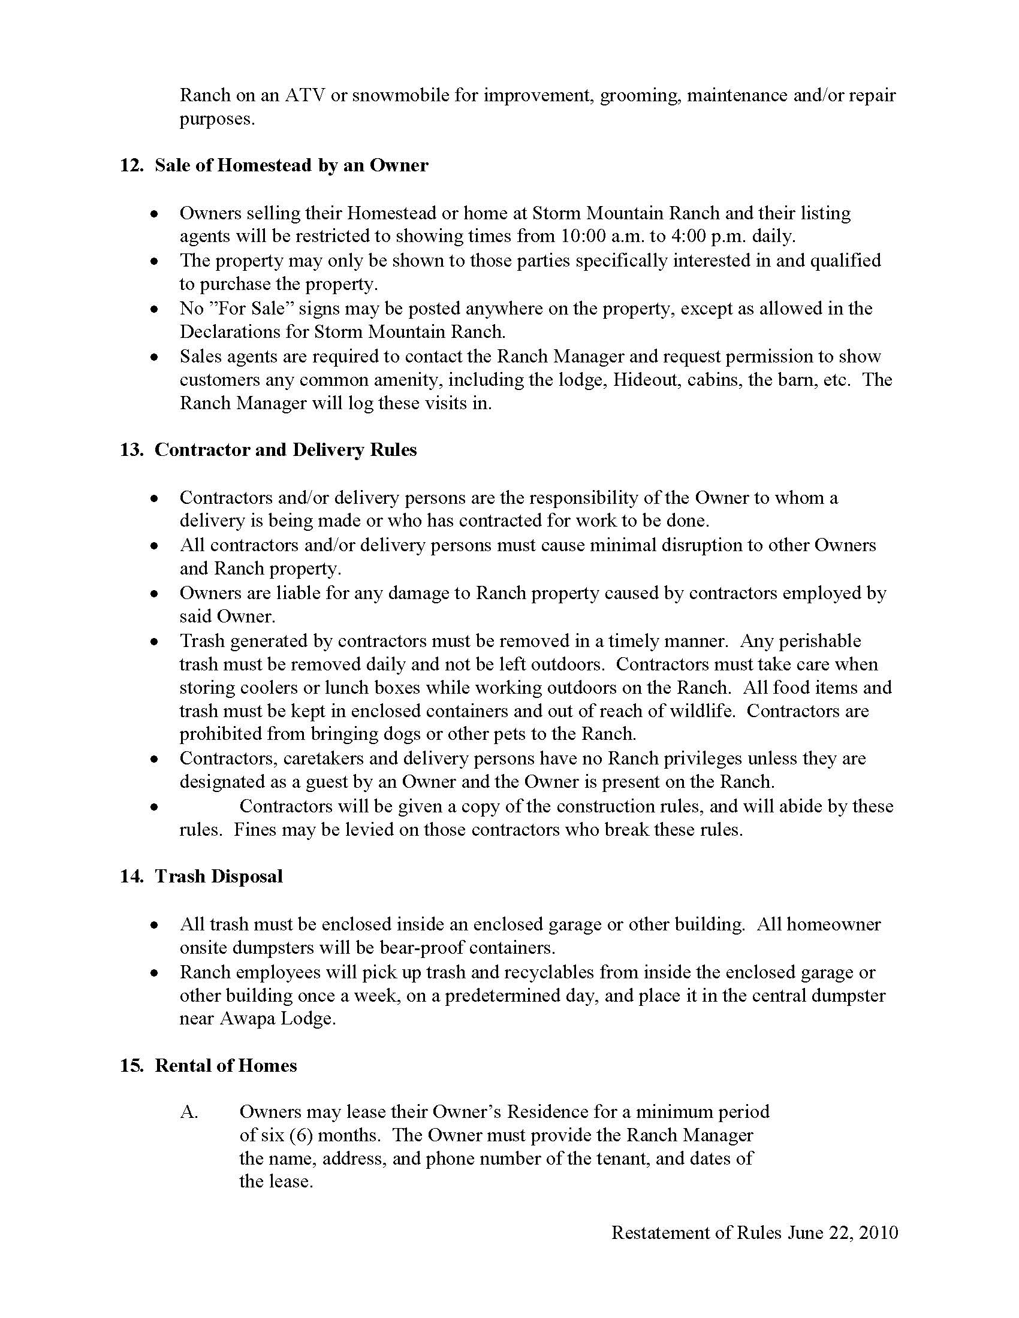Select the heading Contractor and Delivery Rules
(x=285, y=450)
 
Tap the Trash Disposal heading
(x=219, y=876)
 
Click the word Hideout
(x=646, y=380)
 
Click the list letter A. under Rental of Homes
(x=189, y=1111)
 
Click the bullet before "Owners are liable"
(x=156, y=594)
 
